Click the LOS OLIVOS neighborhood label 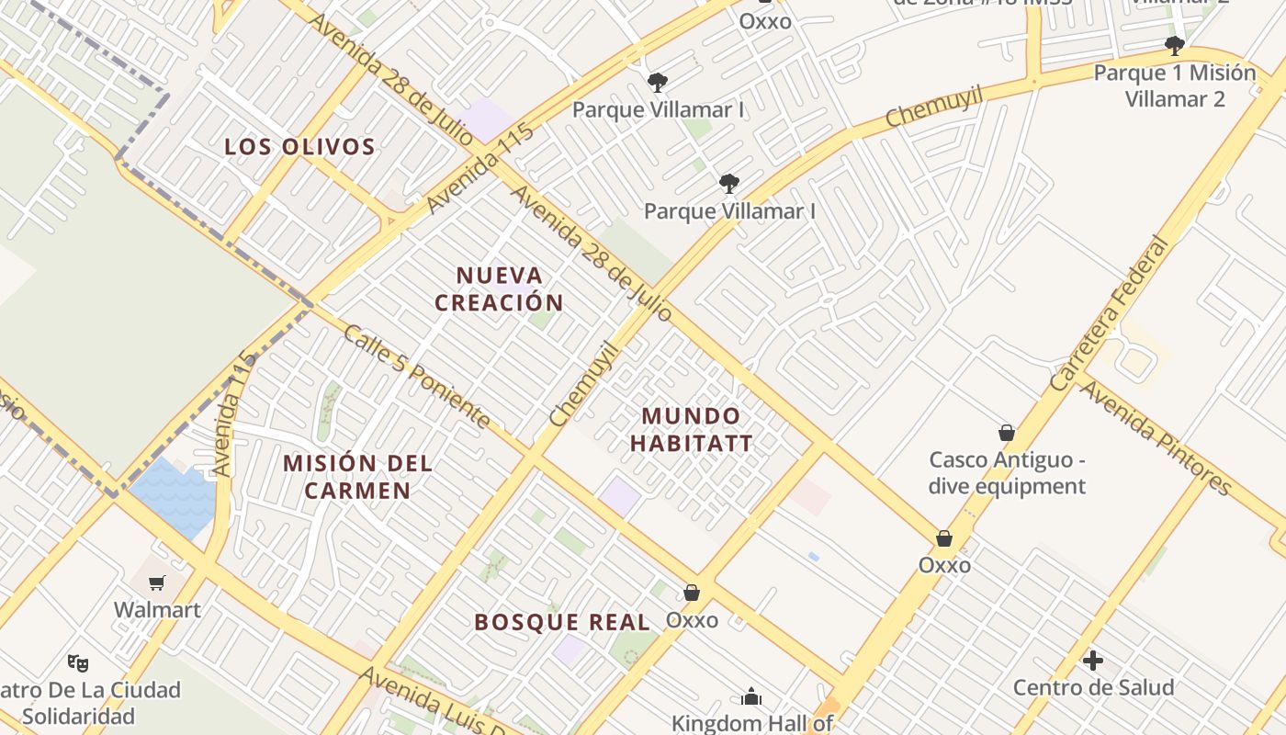[299, 147]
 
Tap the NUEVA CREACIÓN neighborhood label [499, 288]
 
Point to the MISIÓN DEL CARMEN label [357, 477]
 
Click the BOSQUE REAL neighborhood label [562, 623]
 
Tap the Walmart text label [157, 610]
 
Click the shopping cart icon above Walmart [157, 582]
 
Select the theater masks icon [78, 661]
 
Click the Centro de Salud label [1093, 687]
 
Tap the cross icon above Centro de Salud [1093, 660]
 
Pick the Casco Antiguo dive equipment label [1007, 472]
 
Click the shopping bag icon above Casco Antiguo [1007, 433]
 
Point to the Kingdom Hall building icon [751, 697]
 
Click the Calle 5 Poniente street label [415, 376]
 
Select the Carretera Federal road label [1112, 314]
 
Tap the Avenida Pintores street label [1155, 437]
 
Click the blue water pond [175, 497]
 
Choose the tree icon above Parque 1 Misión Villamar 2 [1174, 46]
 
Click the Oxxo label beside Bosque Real [692, 620]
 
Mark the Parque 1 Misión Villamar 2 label [1174, 85]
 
